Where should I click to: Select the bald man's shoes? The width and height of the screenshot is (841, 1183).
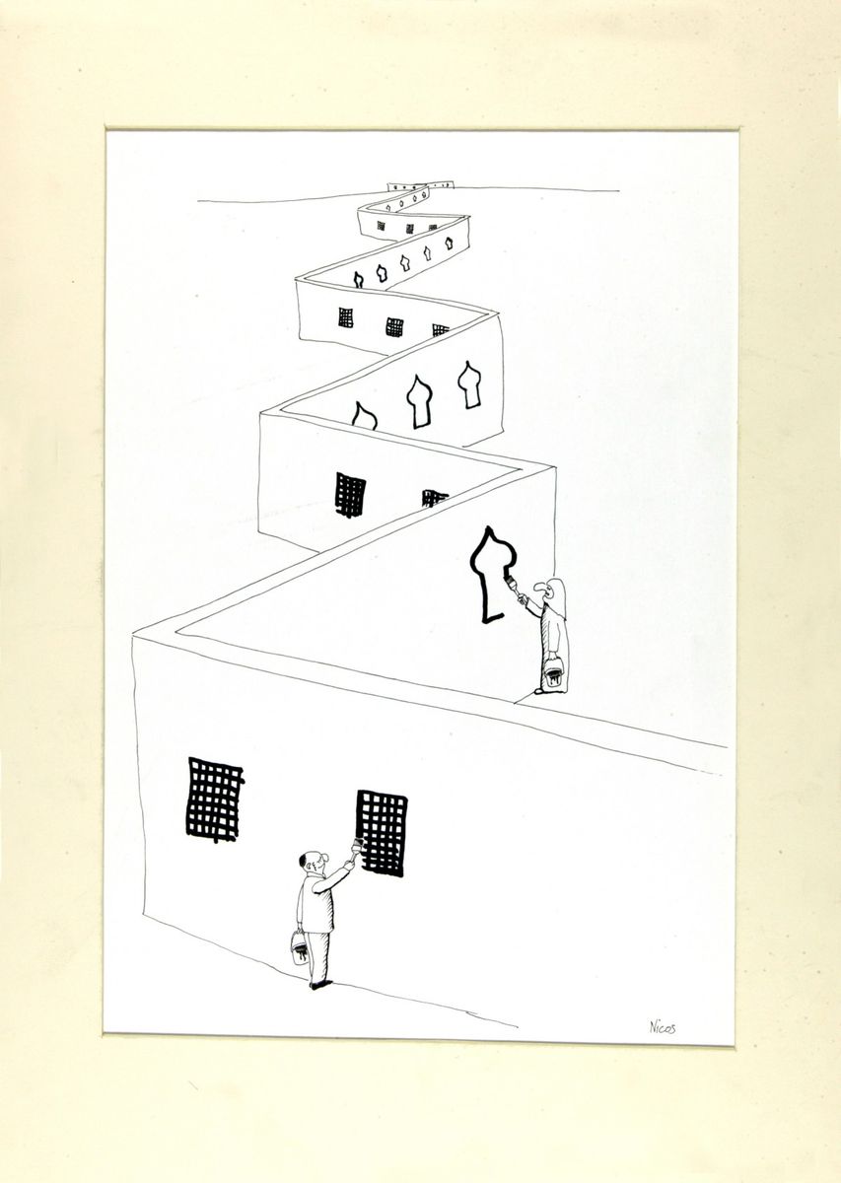(x=320, y=988)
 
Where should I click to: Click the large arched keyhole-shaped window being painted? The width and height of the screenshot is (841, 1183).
(x=489, y=575)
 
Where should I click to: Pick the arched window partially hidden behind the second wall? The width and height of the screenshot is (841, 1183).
(x=364, y=415)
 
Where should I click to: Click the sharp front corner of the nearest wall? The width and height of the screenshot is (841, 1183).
(x=132, y=636)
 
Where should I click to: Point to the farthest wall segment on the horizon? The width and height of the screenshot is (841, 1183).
(x=422, y=187)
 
